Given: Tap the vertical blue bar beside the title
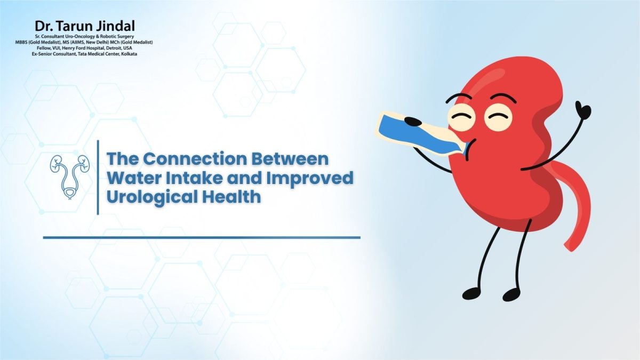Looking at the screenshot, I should [98, 177].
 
